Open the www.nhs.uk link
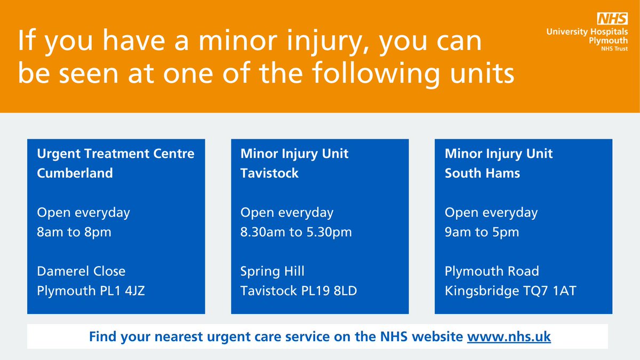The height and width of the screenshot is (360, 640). [x=509, y=337]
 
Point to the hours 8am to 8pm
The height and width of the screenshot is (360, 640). [x=74, y=233]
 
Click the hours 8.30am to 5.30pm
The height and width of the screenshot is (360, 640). [x=296, y=233]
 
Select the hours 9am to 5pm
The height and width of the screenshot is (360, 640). [x=482, y=233]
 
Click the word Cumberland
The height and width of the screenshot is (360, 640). [x=75, y=173]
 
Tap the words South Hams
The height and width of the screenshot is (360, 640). [x=483, y=173]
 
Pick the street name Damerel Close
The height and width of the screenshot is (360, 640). [x=81, y=271]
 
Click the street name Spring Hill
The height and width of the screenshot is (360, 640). [x=273, y=271]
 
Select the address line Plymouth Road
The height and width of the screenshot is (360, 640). [x=492, y=271]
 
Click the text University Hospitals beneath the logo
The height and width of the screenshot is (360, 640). [x=587, y=33]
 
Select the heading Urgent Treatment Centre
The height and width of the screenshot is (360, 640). [x=116, y=154]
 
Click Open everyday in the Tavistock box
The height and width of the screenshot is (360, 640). [x=287, y=212]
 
